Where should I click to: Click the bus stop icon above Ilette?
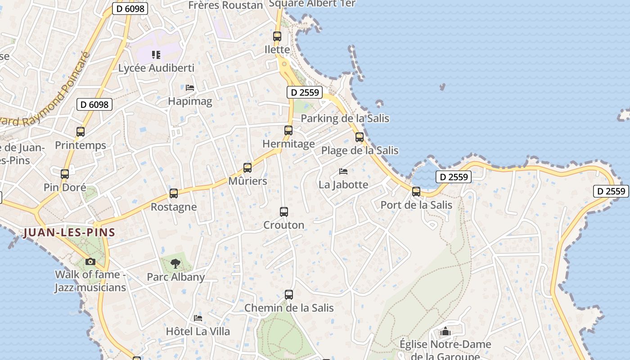(x=277, y=36)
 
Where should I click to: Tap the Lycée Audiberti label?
(x=156, y=68)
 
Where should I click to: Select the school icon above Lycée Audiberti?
(x=156, y=55)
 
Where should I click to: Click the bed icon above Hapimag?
(x=190, y=88)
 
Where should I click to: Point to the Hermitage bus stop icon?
(x=288, y=130)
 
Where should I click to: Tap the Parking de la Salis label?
(x=345, y=118)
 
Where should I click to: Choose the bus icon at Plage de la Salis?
(x=360, y=137)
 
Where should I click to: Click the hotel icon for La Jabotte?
(x=343, y=171)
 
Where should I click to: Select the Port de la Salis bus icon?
(x=416, y=192)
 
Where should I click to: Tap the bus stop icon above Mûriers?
(x=247, y=168)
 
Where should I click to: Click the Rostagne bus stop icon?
(x=174, y=193)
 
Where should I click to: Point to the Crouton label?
(x=283, y=225)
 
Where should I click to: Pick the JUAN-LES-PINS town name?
(x=70, y=233)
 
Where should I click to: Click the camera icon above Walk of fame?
(x=90, y=261)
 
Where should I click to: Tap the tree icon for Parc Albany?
(x=175, y=263)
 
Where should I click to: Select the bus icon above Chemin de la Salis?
(x=289, y=295)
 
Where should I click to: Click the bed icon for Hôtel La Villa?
(x=198, y=318)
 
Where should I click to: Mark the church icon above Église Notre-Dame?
(x=445, y=332)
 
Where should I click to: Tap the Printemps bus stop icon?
(x=81, y=132)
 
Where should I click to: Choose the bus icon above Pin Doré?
(x=65, y=174)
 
